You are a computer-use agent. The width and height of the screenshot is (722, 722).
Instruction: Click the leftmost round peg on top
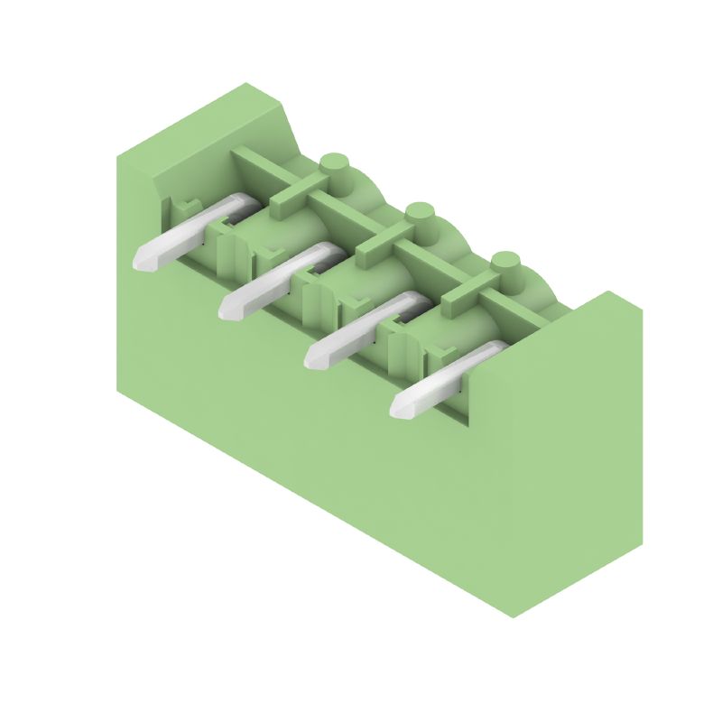coord(334,165)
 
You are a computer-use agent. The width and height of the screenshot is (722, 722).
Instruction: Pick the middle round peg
coord(420,214)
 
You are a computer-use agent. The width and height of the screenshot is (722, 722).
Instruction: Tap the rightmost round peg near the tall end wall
coord(505,263)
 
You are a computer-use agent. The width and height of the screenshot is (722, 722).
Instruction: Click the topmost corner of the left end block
coord(245,83)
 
